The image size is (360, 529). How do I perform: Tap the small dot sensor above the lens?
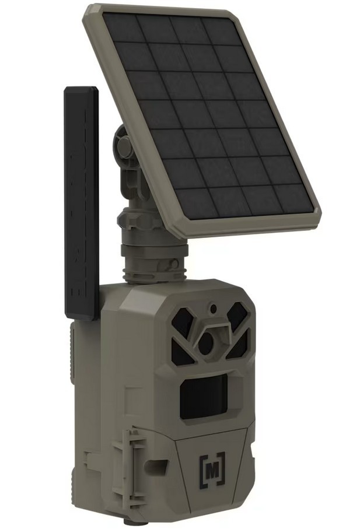pos(214,307)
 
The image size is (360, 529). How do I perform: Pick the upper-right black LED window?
pos(237,318)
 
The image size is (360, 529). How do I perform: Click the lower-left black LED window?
pos(182,352)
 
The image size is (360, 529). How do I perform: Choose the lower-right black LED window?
pos(239,346)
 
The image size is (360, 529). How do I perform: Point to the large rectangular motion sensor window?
pos(204,397)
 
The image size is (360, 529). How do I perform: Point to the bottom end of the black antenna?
pos(81,315)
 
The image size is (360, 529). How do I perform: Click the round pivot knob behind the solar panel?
pos(124,146)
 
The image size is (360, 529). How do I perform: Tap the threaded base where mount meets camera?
pos(153,267)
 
